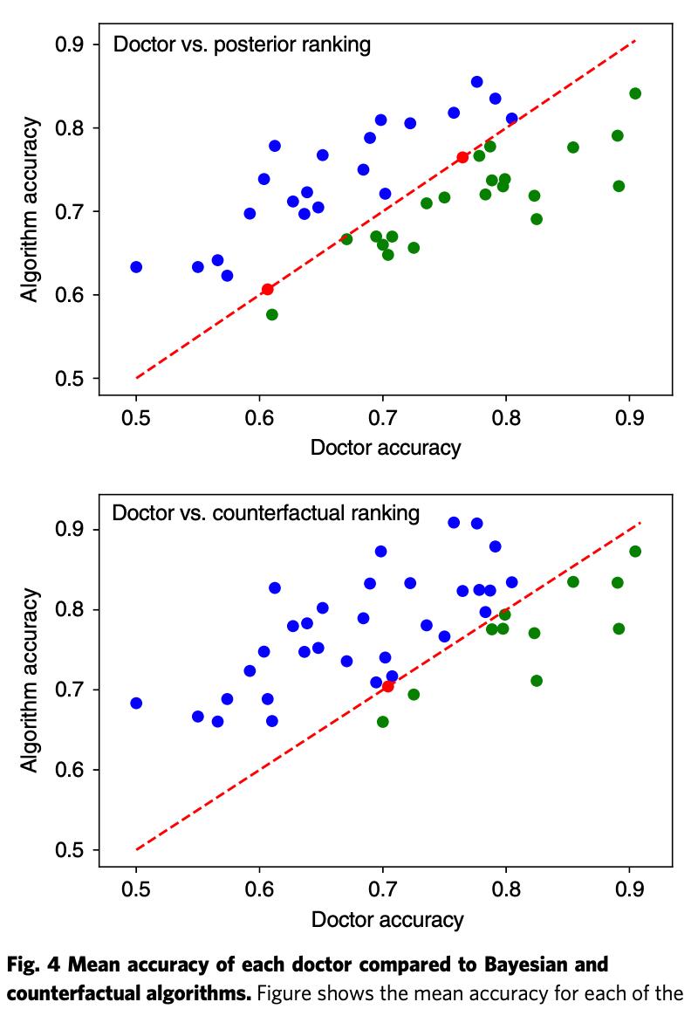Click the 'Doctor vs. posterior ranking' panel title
pos(242,45)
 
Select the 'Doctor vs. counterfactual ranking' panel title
pos(265,512)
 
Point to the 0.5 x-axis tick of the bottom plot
pos(136,889)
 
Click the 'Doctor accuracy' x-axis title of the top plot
pos(386,448)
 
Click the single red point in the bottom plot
pos(387,687)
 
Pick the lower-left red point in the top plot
pos(268,289)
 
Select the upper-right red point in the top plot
pos(462,157)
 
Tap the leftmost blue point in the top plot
pos(136,267)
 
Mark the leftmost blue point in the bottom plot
pos(136,704)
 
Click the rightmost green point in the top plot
pos(635,93)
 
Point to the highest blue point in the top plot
pos(477,82)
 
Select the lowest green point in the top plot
pos(272,314)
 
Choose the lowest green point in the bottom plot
pos(382,722)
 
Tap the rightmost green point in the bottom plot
pos(635,552)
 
